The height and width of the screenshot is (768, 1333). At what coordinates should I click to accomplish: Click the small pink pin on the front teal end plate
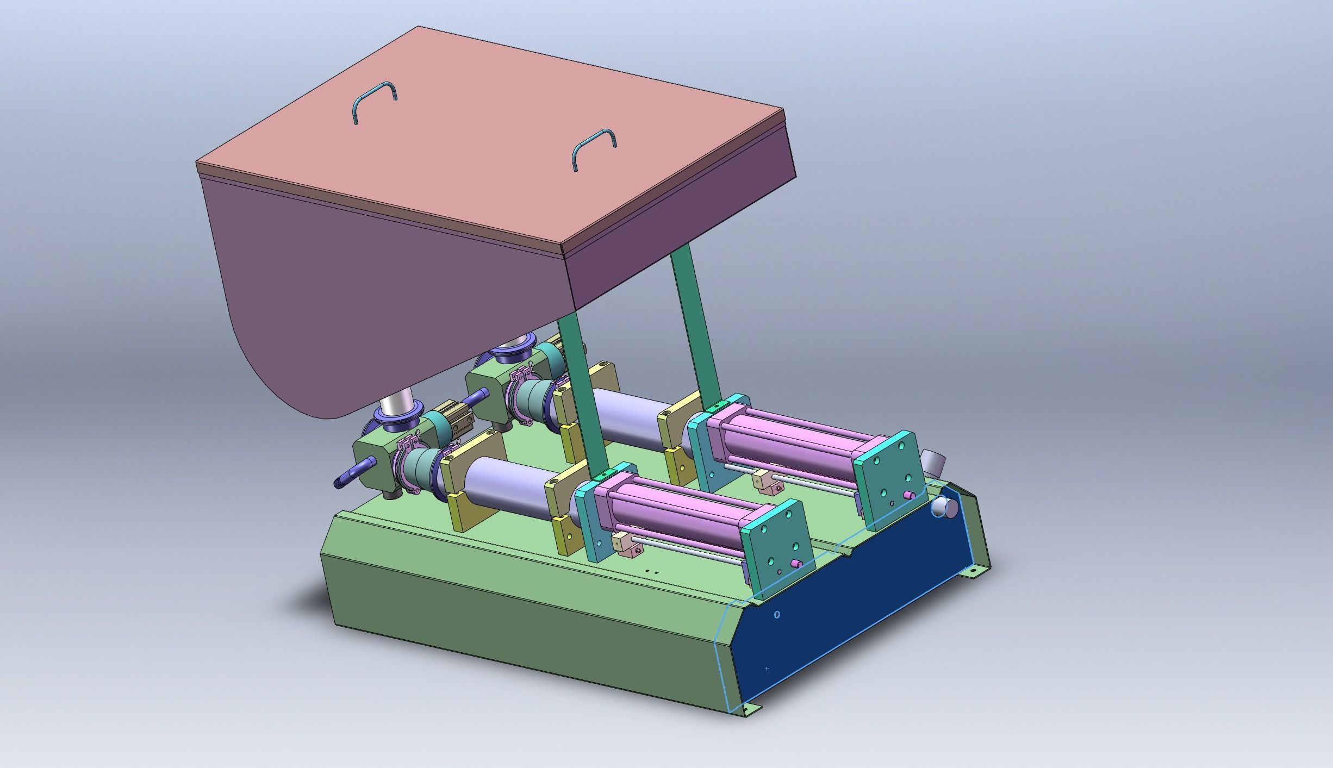pos(795,563)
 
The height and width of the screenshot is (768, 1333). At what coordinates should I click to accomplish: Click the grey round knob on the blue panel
pos(945,507)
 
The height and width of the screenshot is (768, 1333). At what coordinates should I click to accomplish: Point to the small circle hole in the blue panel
pos(777,615)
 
